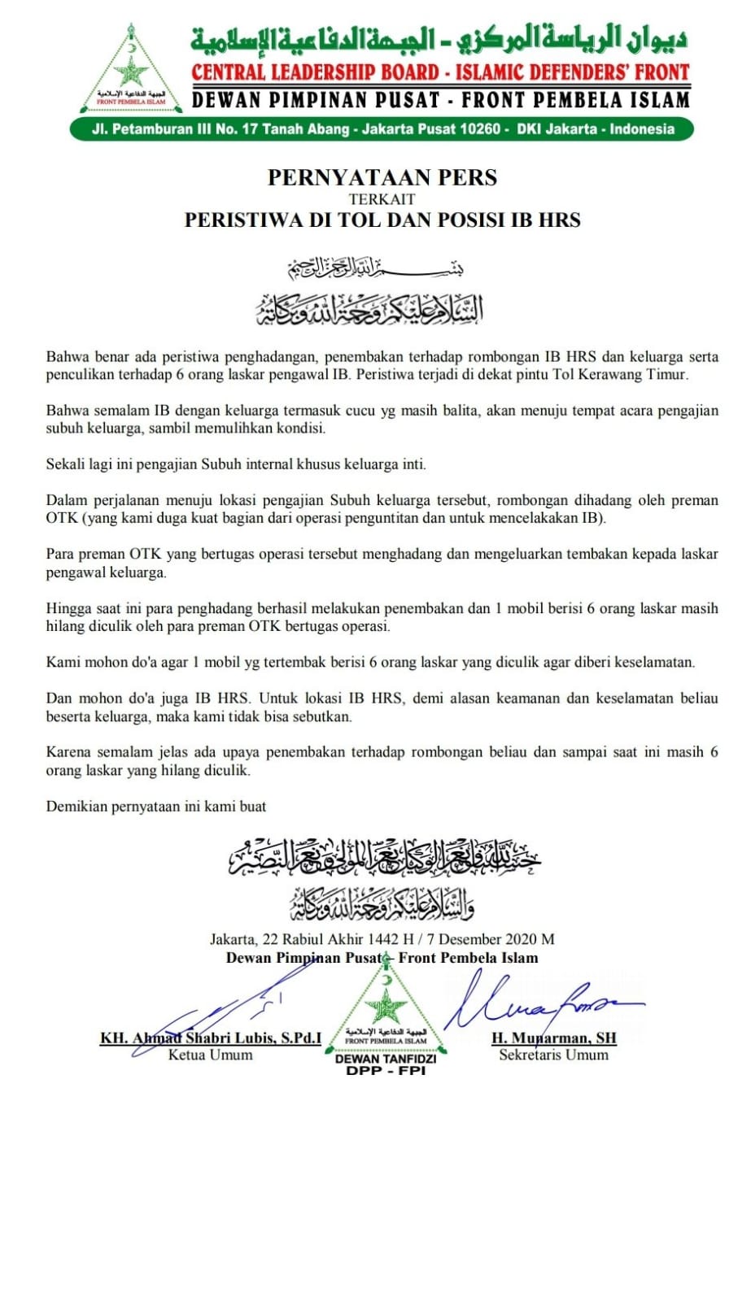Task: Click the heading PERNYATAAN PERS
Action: tap(382, 177)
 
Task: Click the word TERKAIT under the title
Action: tap(382, 199)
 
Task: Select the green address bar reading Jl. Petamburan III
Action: tap(382, 128)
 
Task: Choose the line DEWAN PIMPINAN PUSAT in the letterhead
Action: tap(440, 100)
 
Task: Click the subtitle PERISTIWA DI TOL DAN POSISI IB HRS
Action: tap(382, 220)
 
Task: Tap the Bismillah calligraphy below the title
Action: tap(375, 267)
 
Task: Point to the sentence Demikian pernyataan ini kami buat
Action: tap(156, 807)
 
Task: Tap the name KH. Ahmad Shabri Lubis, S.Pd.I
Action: tap(211, 1038)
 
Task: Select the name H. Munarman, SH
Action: tap(553, 1038)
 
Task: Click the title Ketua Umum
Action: tap(210, 1055)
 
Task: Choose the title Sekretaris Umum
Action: tap(553, 1055)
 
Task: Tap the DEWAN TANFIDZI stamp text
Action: tap(386, 1059)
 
